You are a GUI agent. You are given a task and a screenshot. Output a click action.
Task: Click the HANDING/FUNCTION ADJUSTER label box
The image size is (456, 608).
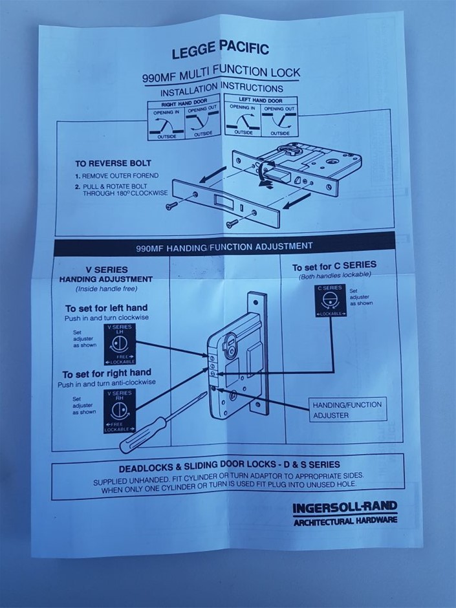[347, 409]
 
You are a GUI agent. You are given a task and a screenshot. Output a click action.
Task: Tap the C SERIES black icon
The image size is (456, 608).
[330, 300]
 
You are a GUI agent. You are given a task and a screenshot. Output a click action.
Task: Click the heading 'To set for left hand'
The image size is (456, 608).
[106, 308]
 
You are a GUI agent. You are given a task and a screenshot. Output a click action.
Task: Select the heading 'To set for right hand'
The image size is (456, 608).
[107, 374]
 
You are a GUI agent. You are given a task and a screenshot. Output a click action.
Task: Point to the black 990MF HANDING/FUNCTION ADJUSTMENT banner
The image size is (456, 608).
[224, 246]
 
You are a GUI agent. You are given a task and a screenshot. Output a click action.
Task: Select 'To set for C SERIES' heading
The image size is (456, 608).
[334, 266]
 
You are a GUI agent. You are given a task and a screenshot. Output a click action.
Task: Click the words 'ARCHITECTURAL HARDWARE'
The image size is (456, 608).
[345, 521]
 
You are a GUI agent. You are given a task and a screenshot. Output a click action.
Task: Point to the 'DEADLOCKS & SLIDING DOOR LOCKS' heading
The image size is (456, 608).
[229, 464]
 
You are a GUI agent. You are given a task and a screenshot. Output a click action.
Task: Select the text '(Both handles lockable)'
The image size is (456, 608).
[334, 275]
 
